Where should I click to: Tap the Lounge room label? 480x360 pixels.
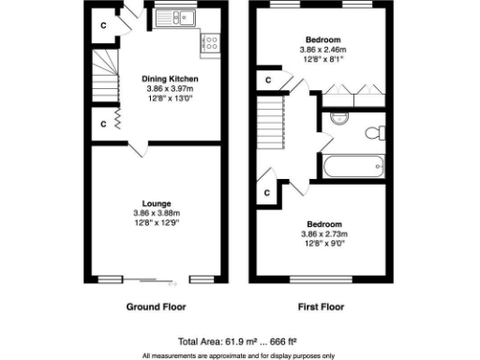point(155,203)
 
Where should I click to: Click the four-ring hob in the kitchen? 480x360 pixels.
point(210,42)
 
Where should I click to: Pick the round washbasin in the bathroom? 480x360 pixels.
point(339,118)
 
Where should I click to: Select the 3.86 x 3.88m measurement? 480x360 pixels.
point(155,214)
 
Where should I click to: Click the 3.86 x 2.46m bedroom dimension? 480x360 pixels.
point(323,50)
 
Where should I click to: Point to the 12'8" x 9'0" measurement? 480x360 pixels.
point(323,243)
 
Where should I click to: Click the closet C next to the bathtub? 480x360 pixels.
point(268,192)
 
